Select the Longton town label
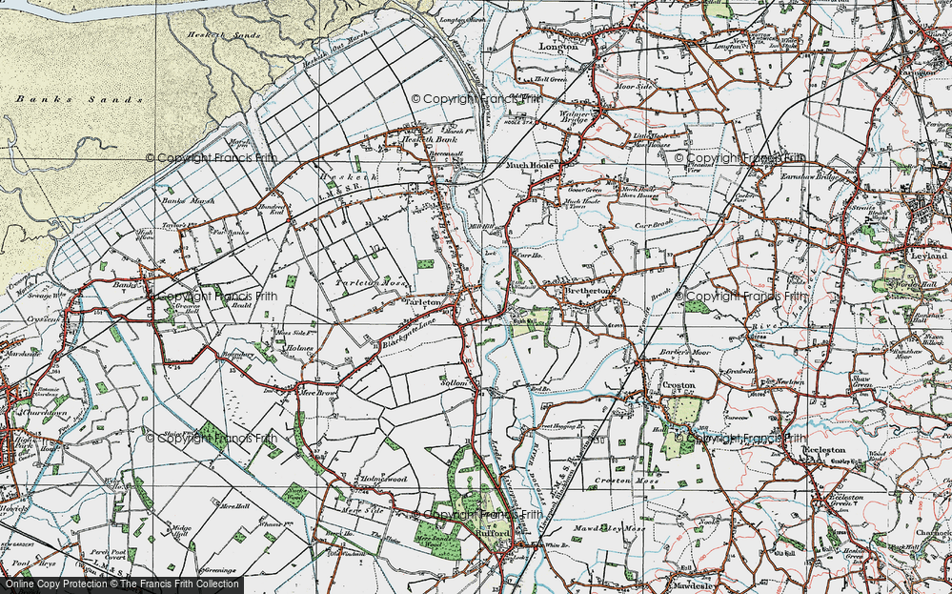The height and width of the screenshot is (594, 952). pos(559,45)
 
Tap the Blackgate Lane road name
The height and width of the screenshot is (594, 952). pos(411,331)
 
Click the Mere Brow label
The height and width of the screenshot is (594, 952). pos(314,391)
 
